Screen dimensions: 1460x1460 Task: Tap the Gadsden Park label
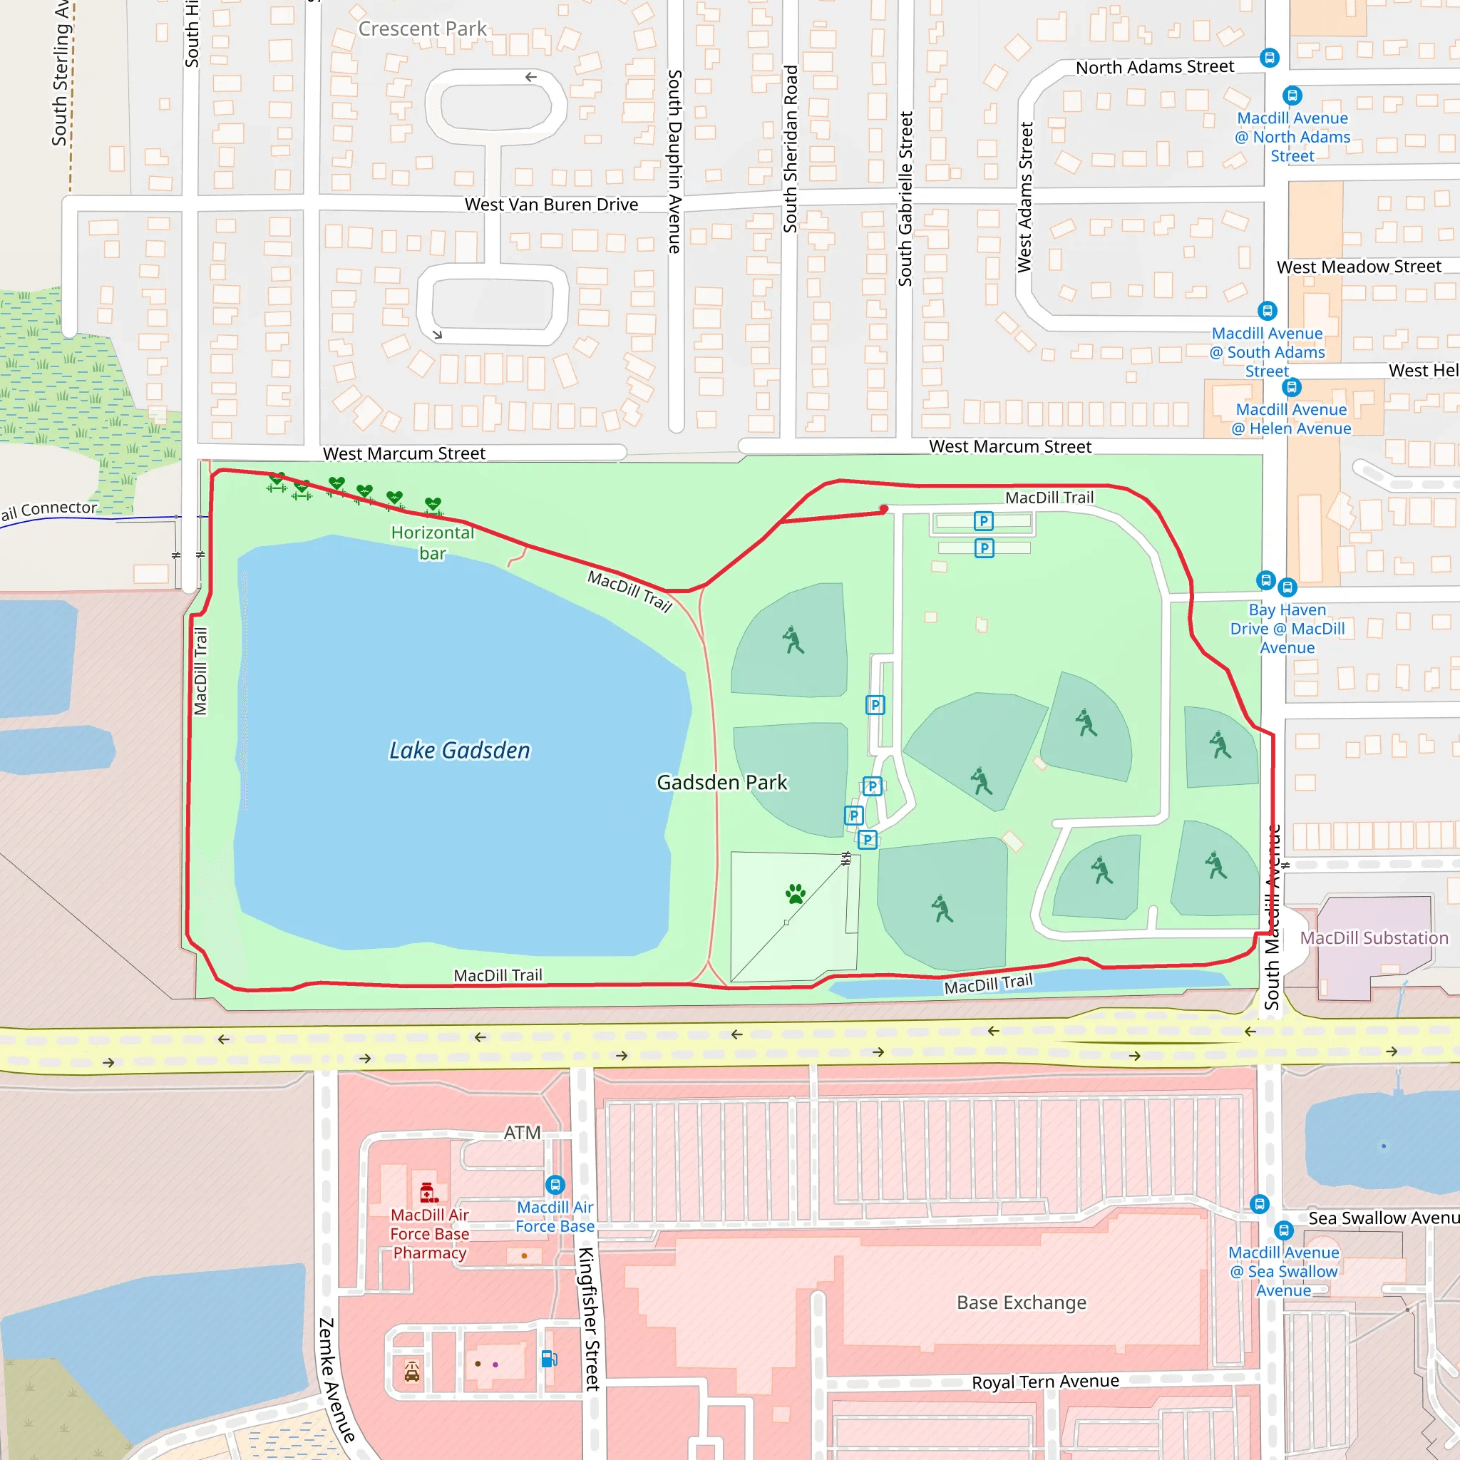[x=721, y=782]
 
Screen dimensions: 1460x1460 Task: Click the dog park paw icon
[x=795, y=894]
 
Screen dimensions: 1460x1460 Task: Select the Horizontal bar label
[x=432, y=543]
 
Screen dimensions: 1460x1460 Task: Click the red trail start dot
[x=883, y=509]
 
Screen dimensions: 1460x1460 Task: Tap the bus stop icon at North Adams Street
[x=1270, y=58]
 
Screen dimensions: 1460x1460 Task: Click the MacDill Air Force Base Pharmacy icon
[x=428, y=1193]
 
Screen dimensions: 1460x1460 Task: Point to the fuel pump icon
[x=550, y=1359]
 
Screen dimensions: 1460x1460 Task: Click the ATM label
[x=522, y=1133]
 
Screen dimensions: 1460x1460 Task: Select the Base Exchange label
[x=1021, y=1303]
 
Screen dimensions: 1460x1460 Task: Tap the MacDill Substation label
[x=1374, y=938]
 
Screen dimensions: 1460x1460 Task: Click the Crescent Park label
[x=423, y=29]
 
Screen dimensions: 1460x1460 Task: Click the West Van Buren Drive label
[x=551, y=205]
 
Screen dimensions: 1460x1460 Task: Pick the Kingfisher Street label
[x=589, y=1319]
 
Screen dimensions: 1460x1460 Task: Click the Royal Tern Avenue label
[x=1045, y=1382]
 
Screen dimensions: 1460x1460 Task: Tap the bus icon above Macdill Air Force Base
[x=555, y=1184]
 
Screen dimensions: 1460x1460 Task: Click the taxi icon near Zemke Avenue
[x=412, y=1372]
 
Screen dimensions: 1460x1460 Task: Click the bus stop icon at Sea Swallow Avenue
[x=1284, y=1230]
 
